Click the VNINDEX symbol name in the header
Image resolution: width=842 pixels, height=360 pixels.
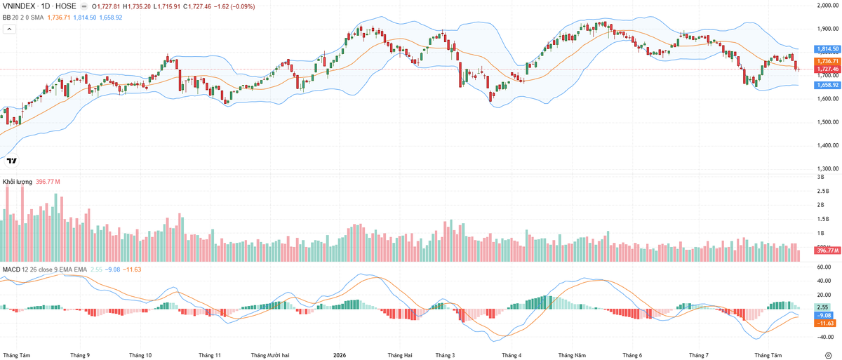tap(19, 6)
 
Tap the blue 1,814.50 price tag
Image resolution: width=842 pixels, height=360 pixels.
tap(827, 49)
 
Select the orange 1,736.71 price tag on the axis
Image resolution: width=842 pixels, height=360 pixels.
tap(827, 61)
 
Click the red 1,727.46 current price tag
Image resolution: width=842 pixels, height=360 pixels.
tap(827, 69)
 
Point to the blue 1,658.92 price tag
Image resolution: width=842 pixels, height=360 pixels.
tap(827, 85)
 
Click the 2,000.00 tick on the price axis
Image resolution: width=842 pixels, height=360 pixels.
tap(827, 5)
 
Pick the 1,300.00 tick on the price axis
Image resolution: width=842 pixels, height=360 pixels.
tap(827, 168)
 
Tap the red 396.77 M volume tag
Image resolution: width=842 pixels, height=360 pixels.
tap(827, 251)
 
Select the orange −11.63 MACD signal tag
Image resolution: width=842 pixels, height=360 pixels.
tap(824, 324)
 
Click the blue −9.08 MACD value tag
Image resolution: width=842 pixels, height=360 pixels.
tap(824, 315)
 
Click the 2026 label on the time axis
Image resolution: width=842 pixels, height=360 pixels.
tap(340, 355)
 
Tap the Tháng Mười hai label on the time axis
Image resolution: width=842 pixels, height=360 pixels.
tap(270, 355)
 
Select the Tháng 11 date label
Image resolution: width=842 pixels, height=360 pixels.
tap(210, 355)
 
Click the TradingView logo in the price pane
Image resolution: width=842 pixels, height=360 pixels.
tap(12, 161)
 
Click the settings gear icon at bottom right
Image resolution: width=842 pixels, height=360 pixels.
tap(829, 355)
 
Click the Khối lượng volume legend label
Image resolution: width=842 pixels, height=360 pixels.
tap(18, 182)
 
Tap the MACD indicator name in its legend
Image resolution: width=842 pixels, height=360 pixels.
tap(11, 269)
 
